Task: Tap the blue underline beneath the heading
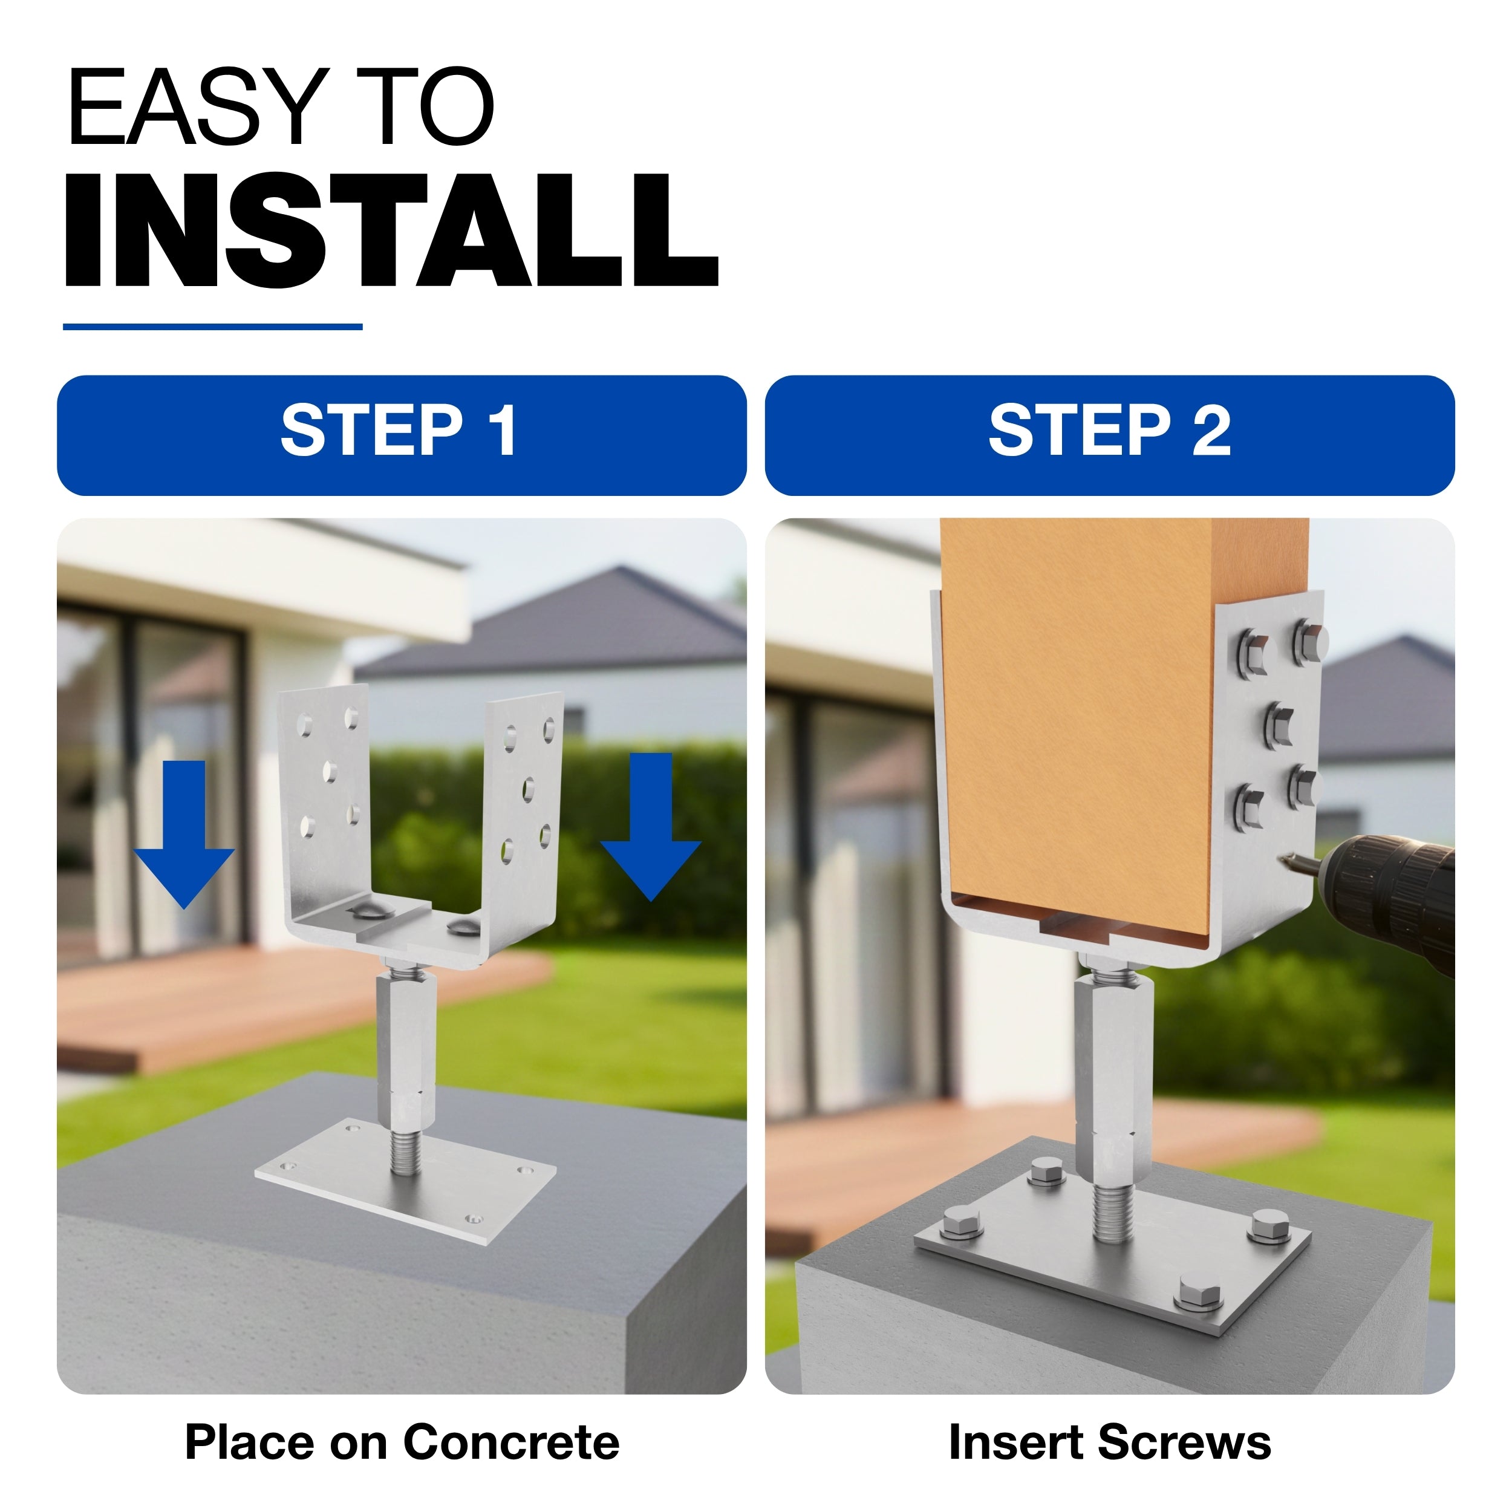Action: (x=213, y=327)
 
